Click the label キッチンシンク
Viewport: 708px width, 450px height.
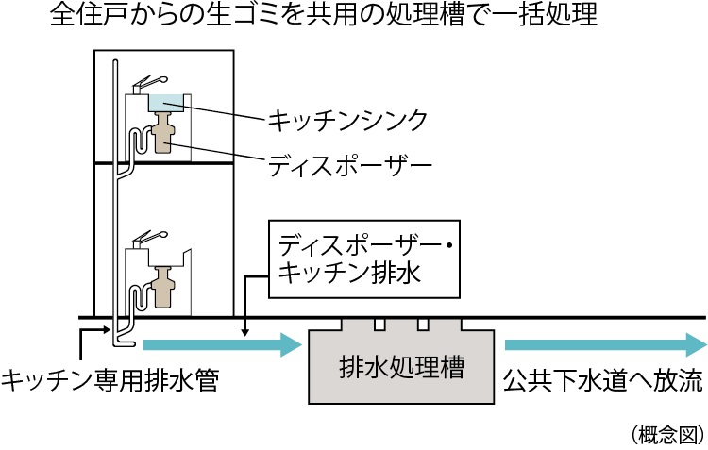pyautogui.click(x=347, y=120)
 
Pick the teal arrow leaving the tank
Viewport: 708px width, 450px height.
pyautogui.click(x=604, y=343)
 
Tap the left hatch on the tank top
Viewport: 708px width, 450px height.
pyautogui.click(x=379, y=324)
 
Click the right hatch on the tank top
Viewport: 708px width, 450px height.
pyautogui.click(x=423, y=324)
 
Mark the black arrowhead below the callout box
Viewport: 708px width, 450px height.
pyautogui.click(x=245, y=330)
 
